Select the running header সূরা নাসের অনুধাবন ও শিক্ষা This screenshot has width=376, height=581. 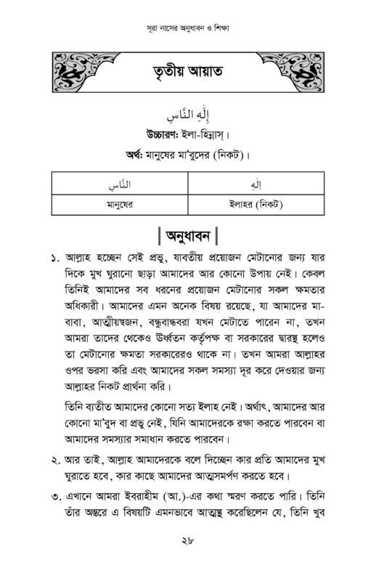tap(187, 33)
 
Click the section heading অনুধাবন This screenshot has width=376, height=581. tap(187, 237)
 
